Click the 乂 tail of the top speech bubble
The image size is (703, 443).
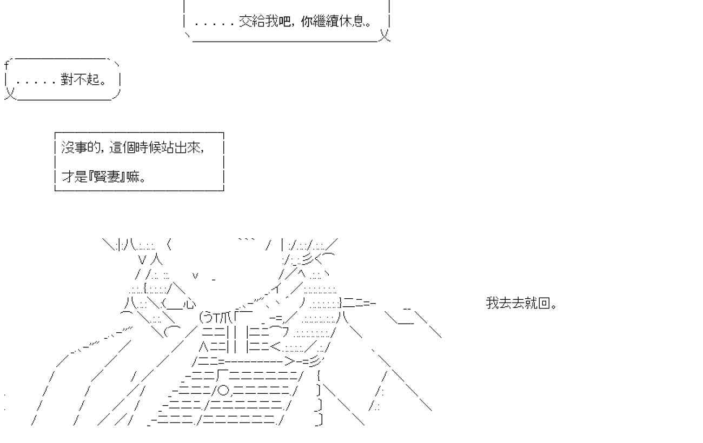[384, 36]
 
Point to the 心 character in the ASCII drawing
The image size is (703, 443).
[190, 304]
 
